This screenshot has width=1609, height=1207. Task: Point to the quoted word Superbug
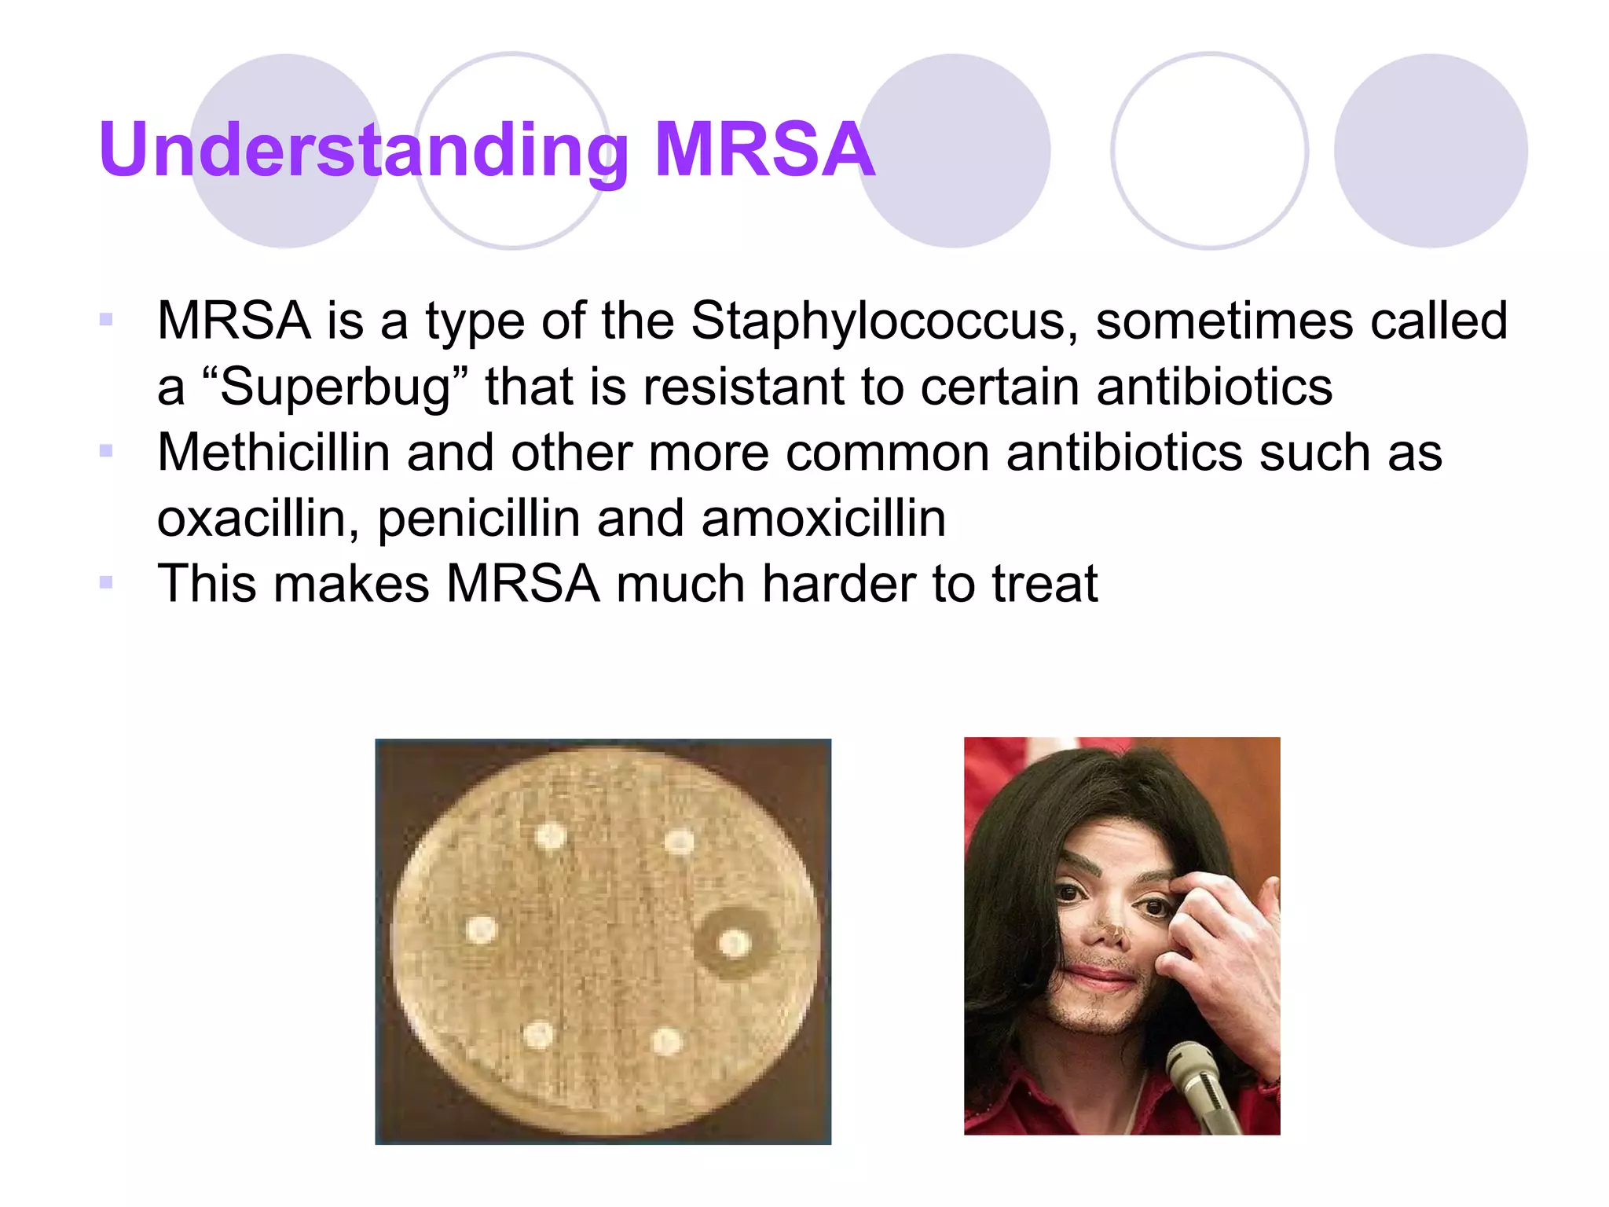(x=335, y=387)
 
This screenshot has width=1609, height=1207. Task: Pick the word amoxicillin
(x=823, y=519)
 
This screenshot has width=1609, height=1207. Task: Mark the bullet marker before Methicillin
(x=106, y=451)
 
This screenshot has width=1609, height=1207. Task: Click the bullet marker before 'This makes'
(x=106, y=582)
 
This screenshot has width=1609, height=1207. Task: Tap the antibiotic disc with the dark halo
(x=735, y=943)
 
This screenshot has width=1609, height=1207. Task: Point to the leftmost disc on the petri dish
(x=481, y=930)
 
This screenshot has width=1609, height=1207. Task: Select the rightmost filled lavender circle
(x=1431, y=151)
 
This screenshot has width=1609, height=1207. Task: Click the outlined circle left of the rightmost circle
(x=1210, y=151)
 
